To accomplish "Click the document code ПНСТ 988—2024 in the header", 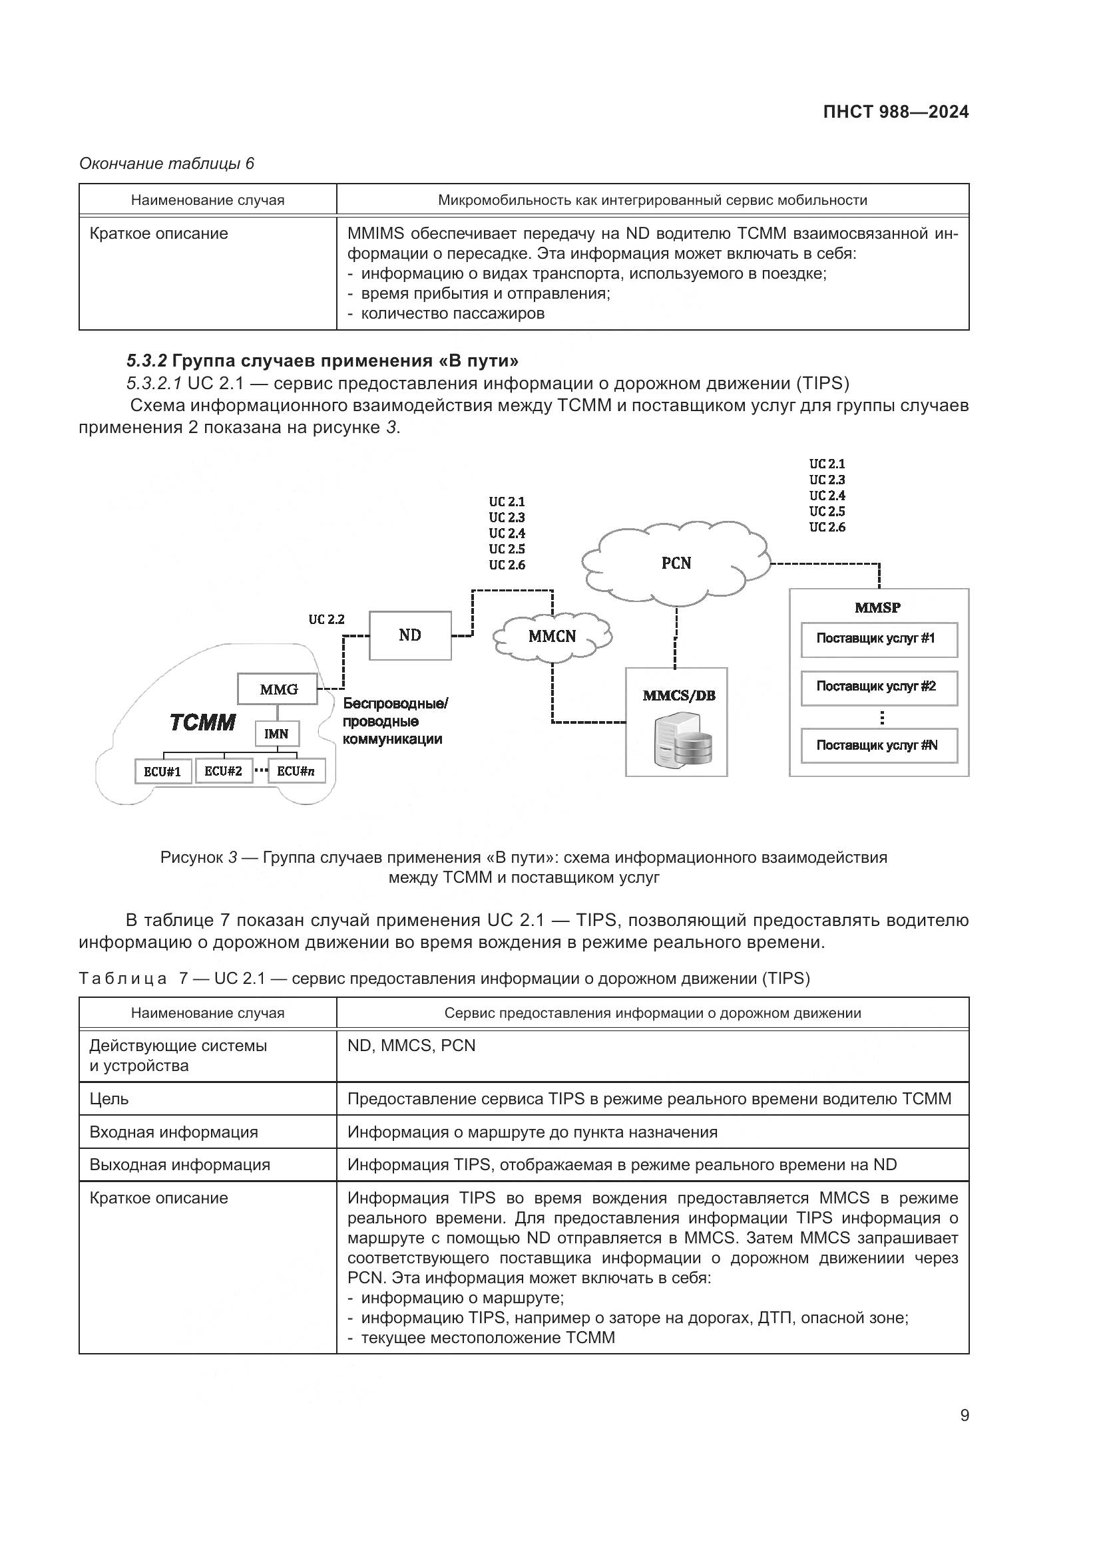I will click(895, 112).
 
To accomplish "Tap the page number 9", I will click(964, 1416).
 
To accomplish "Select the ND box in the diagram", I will click(409, 635).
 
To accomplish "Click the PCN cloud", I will click(676, 563).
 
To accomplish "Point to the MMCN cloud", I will click(552, 637).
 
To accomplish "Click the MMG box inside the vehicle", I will click(278, 689).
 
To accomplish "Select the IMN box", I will click(276, 734).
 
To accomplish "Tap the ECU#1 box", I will click(162, 771).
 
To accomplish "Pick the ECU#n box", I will click(296, 771).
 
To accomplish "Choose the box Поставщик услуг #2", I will click(879, 687).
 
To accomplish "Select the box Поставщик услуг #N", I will click(879, 746).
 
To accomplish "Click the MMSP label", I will click(877, 608).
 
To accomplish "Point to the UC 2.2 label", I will click(326, 619).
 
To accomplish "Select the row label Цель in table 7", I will click(109, 1098).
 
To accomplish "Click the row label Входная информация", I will click(174, 1132).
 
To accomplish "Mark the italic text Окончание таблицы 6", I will click(166, 164).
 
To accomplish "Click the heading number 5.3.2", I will click(146, 361).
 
